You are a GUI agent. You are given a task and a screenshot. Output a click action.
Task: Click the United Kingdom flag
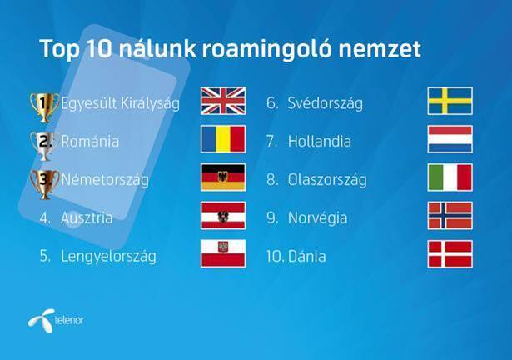point(223,101)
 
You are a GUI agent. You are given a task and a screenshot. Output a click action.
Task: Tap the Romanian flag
point(223,139)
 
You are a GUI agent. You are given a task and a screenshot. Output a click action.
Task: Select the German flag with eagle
point(223,177)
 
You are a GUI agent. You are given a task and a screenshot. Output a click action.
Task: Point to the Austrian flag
point(223,216)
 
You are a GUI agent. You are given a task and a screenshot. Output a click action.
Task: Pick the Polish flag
point(223,253)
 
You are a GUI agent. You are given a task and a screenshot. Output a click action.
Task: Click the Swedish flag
point(450,101)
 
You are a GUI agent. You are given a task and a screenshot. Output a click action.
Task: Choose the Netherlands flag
point(450,139)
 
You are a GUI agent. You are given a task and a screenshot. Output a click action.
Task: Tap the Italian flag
point(450,177)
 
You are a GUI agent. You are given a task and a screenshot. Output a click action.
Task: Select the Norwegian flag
point(450,216)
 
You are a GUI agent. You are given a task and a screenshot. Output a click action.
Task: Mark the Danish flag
point(450,253)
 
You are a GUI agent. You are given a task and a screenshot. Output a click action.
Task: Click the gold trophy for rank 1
point(45,107)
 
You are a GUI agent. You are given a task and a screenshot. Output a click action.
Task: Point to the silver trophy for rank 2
point(45,146)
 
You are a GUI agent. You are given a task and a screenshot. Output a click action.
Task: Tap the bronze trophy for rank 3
point(45,184)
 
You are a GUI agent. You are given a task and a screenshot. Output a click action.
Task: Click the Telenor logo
point(56,320)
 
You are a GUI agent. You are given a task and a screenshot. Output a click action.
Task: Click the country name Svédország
point(325,104)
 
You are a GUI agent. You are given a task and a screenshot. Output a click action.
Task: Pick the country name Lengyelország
point(108,257)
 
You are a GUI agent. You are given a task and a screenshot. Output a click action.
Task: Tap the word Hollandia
point(320,142)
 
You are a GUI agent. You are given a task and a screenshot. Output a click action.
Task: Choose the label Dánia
point(307,256)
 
